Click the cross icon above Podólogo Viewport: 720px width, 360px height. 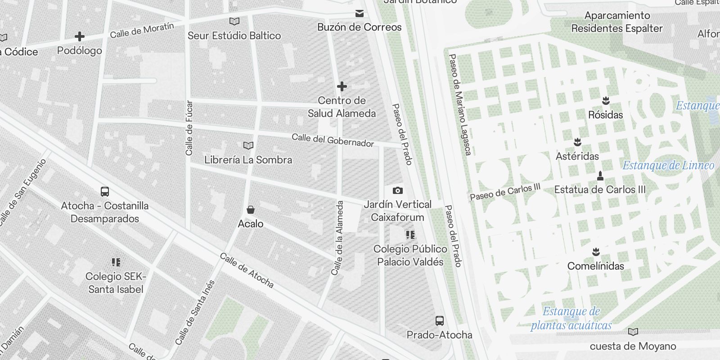coord(80,36)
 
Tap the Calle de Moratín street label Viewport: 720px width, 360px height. coord(142,30)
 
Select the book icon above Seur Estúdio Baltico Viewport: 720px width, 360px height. coord(234,21)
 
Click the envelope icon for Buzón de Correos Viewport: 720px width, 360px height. coord(359,13)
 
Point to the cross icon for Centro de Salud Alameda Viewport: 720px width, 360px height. coord(342,86)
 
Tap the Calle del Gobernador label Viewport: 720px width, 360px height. coord(333,140)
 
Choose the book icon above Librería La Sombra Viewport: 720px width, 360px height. coord(248,145)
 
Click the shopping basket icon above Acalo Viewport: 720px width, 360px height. coord(251,210)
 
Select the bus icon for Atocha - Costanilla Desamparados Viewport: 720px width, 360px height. coord(105,192)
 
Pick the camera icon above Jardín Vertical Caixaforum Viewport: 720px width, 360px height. coord(398,190)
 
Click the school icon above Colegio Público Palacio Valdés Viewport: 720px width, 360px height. coord(410,235)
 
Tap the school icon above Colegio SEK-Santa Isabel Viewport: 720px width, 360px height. coord(116,262)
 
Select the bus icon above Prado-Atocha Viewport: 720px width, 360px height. coord(440,321)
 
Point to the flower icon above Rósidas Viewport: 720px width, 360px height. coord(606,100)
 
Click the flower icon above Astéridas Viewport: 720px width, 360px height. coord(577,142)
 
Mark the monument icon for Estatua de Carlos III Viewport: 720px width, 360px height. coord(600,175)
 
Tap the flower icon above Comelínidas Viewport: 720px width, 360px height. coord(596,252)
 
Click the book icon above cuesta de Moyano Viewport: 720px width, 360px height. coord(633,332)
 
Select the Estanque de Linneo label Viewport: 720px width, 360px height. coord(668,165)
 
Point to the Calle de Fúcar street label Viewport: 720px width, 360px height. coord(189,128)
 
